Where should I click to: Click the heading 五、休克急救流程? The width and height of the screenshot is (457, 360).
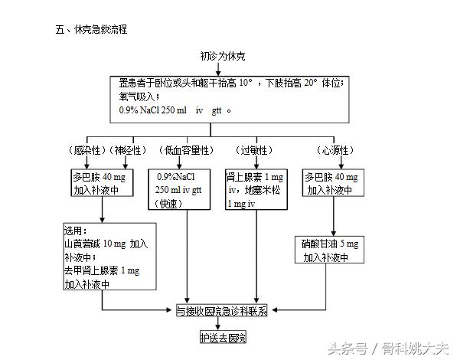(x=91, y=30)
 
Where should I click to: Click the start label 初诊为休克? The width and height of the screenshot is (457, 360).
(x=222, y=56)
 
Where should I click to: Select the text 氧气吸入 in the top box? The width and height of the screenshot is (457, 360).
(x=139, y=97)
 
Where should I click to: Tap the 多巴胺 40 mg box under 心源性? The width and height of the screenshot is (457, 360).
(x=334, y=182)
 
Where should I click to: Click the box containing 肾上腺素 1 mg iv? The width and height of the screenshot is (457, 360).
(x=255, y=189)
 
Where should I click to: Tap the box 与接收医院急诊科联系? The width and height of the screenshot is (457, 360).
(x=222, y=311)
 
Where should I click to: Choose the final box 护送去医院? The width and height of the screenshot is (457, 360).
(x=223, y=337)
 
